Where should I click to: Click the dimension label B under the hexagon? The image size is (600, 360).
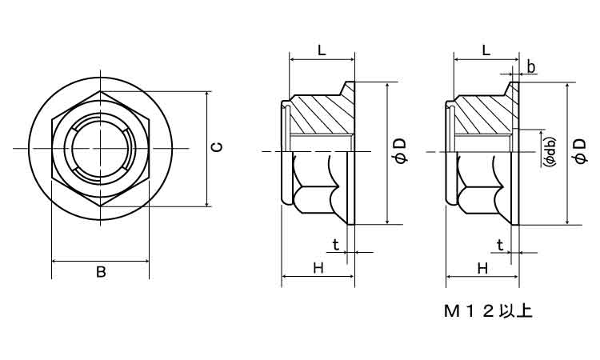pos(101,272)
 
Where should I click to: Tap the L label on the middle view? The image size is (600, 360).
pos(321,50)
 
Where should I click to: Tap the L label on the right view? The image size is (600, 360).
pos(486,50)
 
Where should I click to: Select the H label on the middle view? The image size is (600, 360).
pos(318,269)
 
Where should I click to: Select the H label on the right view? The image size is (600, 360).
pos(482,269)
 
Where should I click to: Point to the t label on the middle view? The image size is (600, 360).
pos(335,245)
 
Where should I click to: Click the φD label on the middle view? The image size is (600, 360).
pos(402,151)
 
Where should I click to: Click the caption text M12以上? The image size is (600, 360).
pos(488,310)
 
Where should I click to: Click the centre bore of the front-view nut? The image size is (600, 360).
pos(100,150)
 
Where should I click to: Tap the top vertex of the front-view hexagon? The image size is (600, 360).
pos(100,92)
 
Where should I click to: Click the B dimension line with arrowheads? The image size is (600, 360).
pos(100,261)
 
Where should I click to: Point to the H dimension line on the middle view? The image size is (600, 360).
pos(318,278)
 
